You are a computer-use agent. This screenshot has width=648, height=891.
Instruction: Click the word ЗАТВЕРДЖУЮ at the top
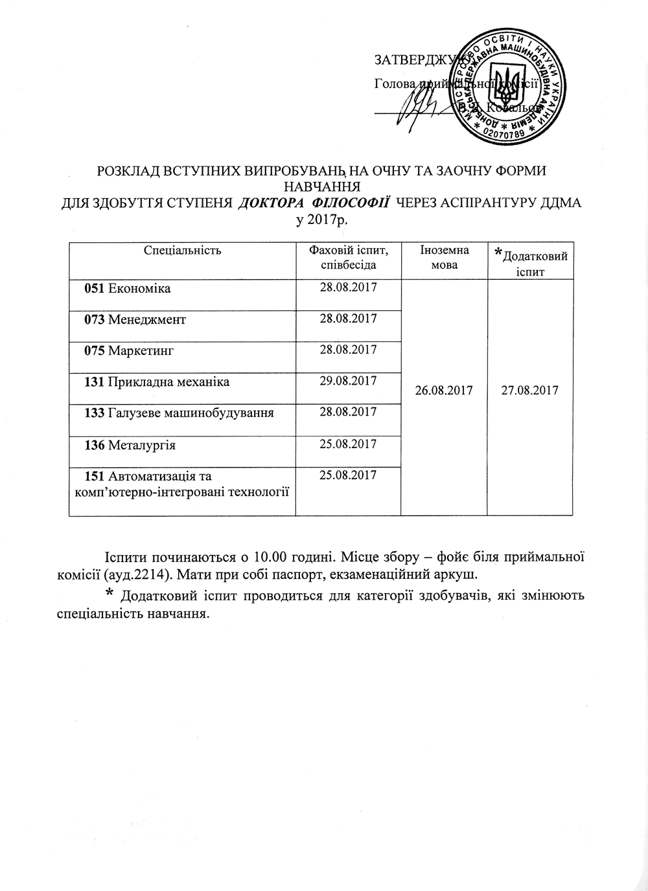coord(415,61)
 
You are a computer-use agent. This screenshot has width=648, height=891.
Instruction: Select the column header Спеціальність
coord(183,250)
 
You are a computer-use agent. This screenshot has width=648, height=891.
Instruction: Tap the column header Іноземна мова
coord(444,257)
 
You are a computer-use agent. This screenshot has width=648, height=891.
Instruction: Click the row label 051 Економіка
coord(128,289)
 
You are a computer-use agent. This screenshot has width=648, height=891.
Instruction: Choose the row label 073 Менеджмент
coord(135,320)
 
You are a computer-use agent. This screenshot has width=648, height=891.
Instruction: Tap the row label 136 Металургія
coord(130,445)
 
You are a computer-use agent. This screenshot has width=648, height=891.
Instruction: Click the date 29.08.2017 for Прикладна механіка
coord(349,381)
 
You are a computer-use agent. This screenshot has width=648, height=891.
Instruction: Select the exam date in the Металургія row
coord(349,444)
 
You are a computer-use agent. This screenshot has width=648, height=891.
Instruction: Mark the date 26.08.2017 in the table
coord(445,390)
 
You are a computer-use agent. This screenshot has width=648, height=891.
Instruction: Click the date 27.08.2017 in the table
coord(530,390)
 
